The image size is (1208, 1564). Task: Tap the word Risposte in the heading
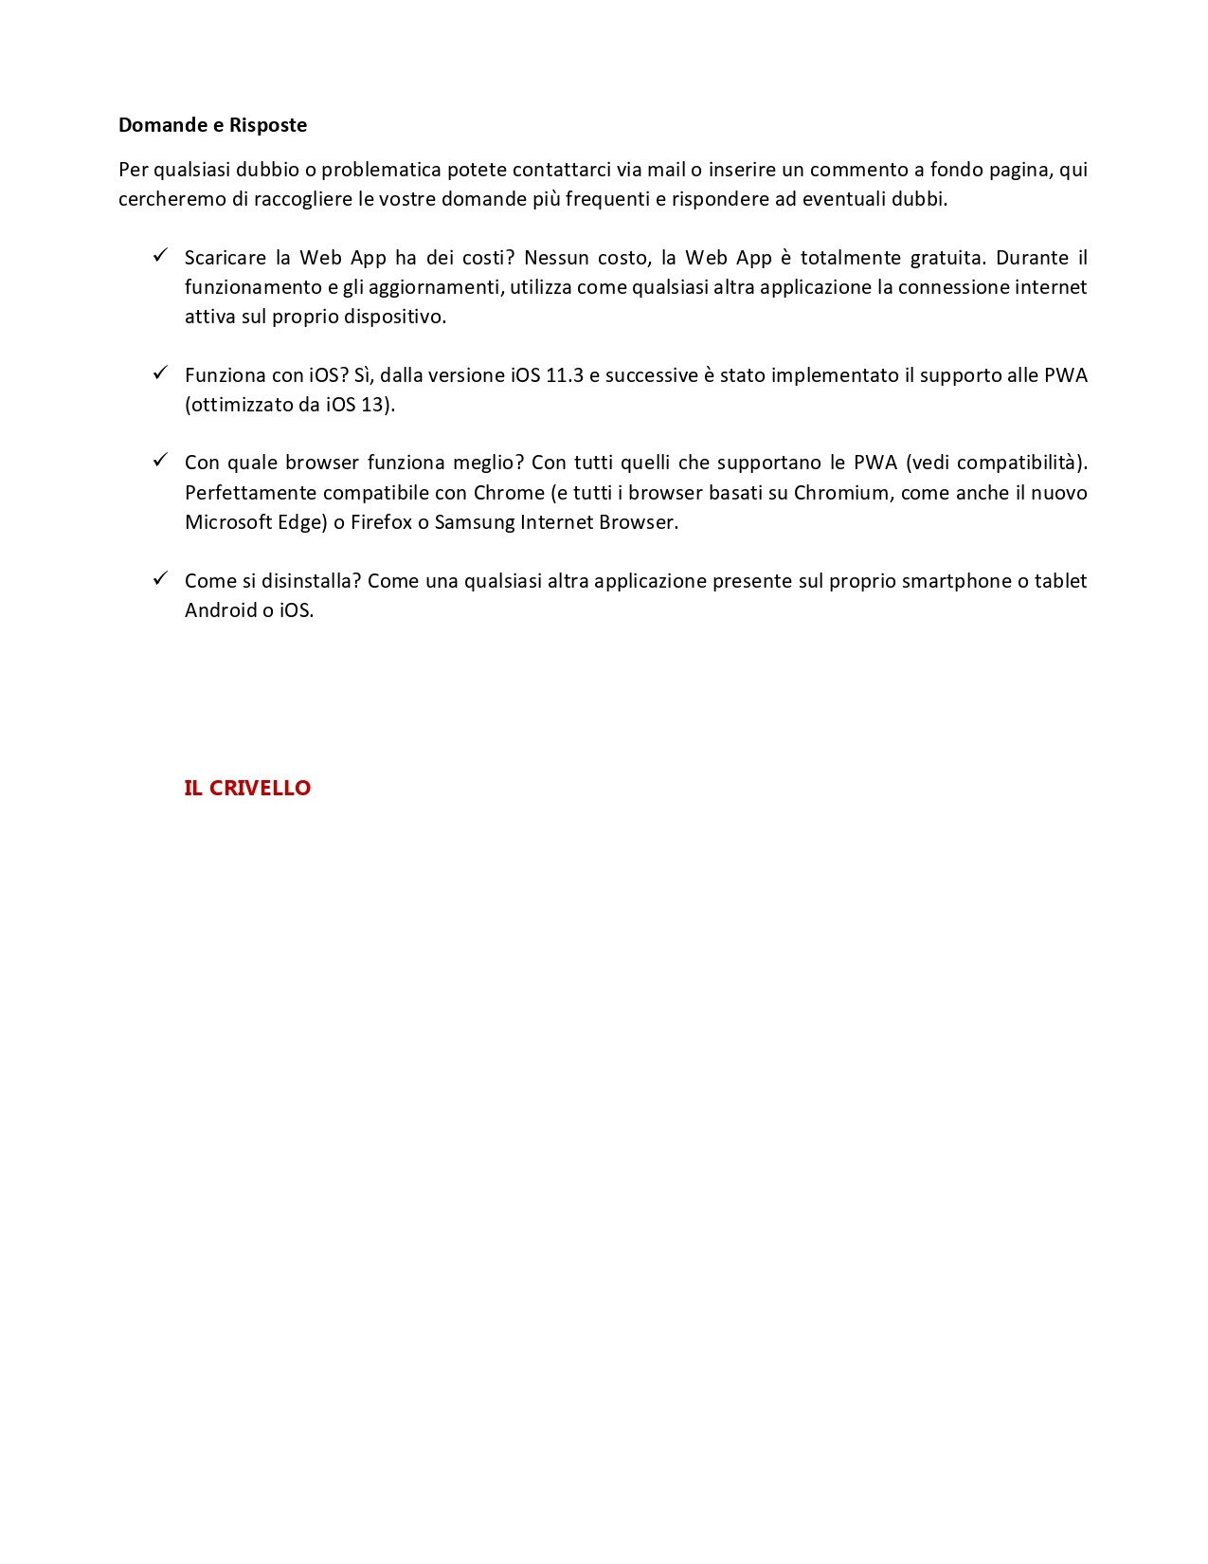[268, 125]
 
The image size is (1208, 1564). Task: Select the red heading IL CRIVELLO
[247, 788]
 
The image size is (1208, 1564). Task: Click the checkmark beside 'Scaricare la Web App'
[160, 255]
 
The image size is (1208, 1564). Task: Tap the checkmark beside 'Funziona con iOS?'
[160, 373]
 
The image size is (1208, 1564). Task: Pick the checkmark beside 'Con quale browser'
[160, 460]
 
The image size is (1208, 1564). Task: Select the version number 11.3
[565, 375]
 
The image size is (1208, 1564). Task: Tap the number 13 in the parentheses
[372, 405]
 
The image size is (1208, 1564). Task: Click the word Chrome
[509, 493]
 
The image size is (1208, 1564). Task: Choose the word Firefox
[381, 522]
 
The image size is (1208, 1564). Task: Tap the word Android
[221, 610]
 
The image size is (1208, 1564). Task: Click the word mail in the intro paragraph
[666, 170]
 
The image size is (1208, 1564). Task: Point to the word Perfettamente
[250, 493]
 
